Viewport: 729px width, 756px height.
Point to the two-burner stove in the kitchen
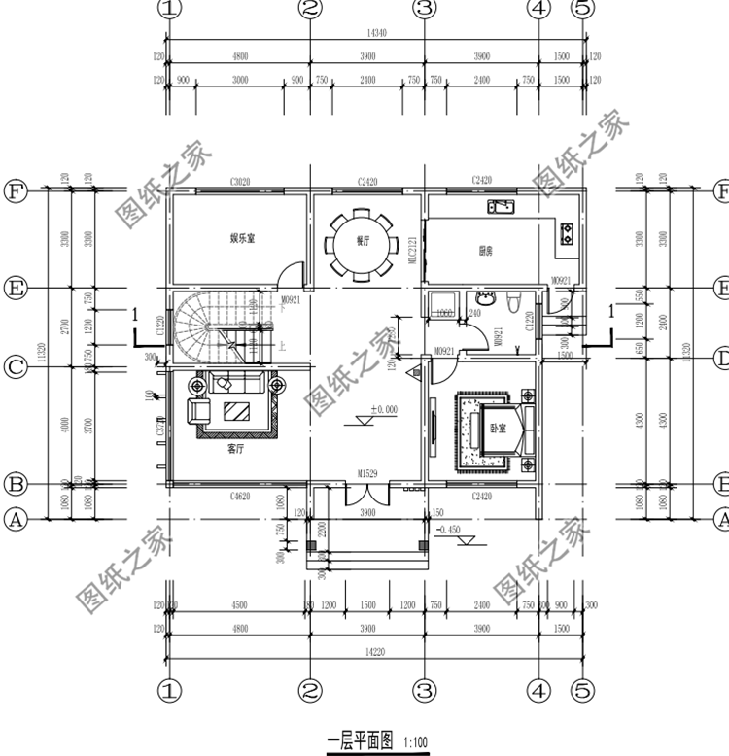[x=567, y=232]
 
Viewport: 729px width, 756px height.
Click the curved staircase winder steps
[x=194, y=321]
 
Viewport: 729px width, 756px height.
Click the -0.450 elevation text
[x=450, y=530]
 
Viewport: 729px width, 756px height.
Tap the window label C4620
[x=241, y=498]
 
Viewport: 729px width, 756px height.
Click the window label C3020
[x=241, y=182]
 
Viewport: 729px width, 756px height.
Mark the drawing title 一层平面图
[x=359, y=740]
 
